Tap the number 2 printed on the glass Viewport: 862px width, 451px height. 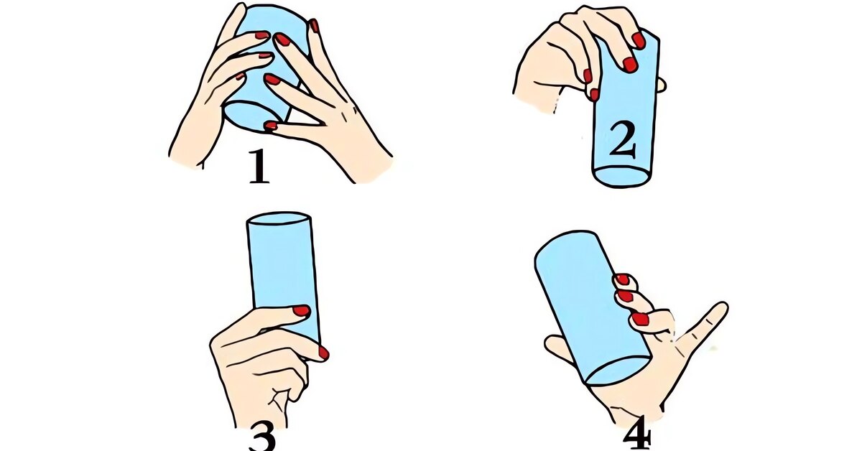coord(623,139)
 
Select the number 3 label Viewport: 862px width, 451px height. coord(262,437)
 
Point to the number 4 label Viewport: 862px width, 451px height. coord(637,435)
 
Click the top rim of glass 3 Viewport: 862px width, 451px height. coord(279,218)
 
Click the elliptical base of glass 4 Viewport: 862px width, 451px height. coord(618,370)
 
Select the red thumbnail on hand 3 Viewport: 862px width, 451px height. coord(301,310)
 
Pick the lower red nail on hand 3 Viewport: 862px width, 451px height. coord(323,353)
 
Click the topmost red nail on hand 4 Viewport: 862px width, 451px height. coord(622,279)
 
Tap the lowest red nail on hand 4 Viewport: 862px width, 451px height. coord(639,319)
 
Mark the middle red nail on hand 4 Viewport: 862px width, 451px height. coord(625,296)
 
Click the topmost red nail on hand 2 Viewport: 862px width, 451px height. coord(639,40)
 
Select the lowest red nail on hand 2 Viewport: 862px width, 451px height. coord(594,95)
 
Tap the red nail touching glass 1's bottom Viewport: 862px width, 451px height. coord(270,126)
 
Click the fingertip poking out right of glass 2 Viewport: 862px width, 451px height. coord(661,85)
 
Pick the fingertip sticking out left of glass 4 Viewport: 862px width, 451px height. coord(552,345)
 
